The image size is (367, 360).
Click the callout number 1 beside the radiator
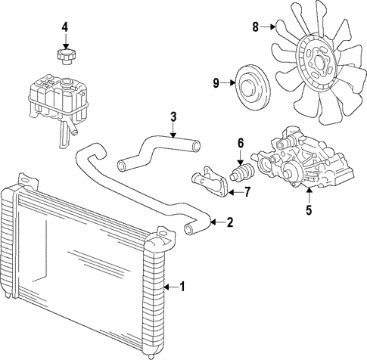point(182,287)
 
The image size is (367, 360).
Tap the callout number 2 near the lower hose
point(230,222)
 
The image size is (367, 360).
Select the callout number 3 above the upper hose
point(173,117)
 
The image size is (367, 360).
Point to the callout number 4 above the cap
point(65,27)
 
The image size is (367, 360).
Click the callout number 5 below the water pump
point(309,209)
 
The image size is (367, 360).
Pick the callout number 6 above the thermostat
point(241,143)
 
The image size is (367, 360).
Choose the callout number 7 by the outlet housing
point(247,192)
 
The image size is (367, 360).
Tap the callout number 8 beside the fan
point(256,26)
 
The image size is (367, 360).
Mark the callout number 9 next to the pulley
point(216,83)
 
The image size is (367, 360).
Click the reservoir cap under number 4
point(65,57)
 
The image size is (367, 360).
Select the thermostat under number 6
point(242,172)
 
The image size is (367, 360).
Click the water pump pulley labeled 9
point(253,88)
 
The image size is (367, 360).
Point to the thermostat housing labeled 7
point(210,181)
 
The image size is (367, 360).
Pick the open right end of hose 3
point(196,146)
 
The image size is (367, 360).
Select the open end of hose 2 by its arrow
point(189,228)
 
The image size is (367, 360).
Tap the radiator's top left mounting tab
point(28,179)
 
